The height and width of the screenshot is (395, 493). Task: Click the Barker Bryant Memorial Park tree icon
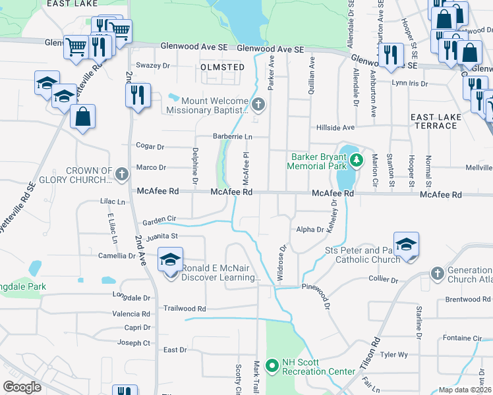tap(357, 159)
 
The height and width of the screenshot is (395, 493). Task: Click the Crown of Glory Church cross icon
tap(121, 174)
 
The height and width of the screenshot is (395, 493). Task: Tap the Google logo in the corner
tap(22, 386)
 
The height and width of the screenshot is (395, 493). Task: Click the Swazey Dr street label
tap(152, 66)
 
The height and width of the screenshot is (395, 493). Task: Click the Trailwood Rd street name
tap(185, 308)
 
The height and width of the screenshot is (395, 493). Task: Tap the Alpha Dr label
tap(310, 230)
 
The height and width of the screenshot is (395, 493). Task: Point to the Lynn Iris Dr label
tap(409, 84)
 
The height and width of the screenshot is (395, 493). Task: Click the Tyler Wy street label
tap(394, 355)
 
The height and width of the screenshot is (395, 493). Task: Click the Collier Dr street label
tap(383, 279)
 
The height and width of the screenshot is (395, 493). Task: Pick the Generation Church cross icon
tap(436, 273)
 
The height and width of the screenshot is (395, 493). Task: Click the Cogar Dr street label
tap(149, 146)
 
